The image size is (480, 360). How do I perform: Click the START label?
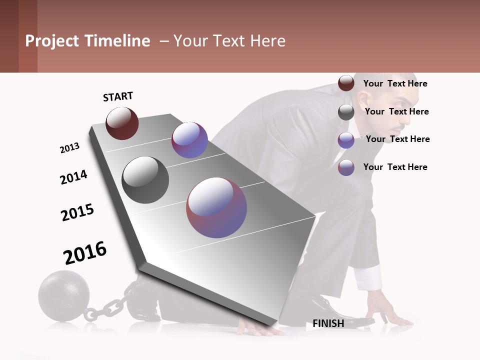pos(118,96)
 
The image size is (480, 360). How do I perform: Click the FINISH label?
pos(328,323)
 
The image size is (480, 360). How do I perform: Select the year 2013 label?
pos(69,148)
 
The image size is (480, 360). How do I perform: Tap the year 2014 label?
pos(73,177)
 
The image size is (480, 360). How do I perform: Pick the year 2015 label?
pos(77,212)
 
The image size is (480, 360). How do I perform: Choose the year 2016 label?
pos(85,253)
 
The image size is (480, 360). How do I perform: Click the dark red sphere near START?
pos(122,123)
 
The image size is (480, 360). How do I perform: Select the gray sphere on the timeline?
pos(145,180)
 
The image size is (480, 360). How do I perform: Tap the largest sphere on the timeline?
pos(216,207)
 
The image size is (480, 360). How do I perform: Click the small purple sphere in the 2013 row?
pos(189,140)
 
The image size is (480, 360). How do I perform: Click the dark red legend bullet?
pos(346,83)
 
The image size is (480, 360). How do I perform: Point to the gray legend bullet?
pos(346,112)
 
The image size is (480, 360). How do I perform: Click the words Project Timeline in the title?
pos(87,41)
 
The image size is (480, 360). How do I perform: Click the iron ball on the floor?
pos(64,295)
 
